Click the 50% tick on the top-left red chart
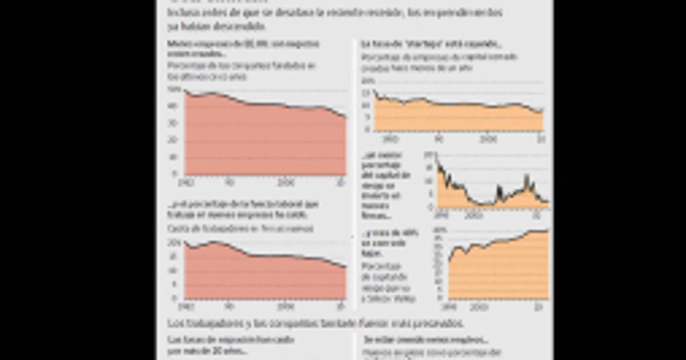pyautogui.click(x=172, y=90)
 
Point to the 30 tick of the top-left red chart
pyautogui.click(x=173, y=123)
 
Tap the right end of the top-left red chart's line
pyautogui.click(x=345, y=117)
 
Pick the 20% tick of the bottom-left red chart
pyautogui.click(x=172, y=242)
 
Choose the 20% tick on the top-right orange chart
pyautogui.click(x=366, y=82)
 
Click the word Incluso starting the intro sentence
pyautogui.click(x=180, y=12)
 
